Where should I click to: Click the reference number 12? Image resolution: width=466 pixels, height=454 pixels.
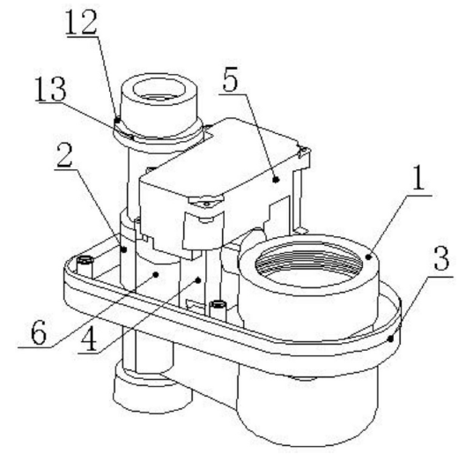[x=81, y=22]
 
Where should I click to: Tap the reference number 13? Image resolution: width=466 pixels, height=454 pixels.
[x=50, y=90]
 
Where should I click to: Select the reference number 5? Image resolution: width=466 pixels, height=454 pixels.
[x=231, y=80]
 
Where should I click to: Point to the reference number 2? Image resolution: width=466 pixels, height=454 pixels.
[x=65, y=155]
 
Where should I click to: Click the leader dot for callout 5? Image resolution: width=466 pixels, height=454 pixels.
[x=276, y=179]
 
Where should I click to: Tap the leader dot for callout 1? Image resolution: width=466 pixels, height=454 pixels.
[x=368, y=257]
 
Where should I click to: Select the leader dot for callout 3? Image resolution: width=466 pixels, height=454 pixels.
[x=391, y=338]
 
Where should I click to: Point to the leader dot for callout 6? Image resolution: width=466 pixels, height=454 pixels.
[x=155, y=274]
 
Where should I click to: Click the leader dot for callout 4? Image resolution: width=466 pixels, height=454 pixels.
[x=198, y=279]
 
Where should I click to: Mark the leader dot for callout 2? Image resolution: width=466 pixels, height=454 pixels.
[x=124, y=249]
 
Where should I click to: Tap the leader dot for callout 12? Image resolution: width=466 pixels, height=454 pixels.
[x=118, y=121]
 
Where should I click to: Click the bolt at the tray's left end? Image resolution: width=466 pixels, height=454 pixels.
[x=85, y=267]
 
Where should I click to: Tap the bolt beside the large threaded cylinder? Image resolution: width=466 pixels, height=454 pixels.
[x=218, y=310]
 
